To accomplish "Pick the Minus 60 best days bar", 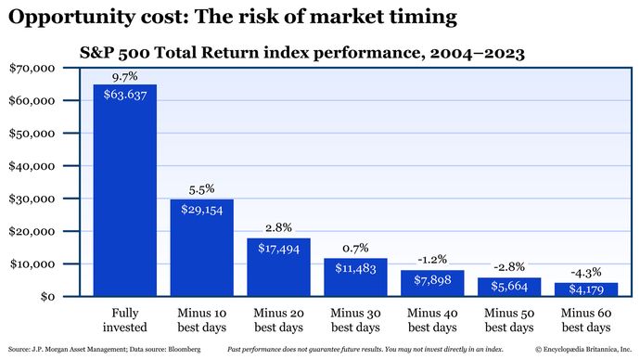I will pos(585,289).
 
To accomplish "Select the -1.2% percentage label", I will pos(431,259).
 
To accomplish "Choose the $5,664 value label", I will pos(508,287).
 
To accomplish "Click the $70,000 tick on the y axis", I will pos(32,69).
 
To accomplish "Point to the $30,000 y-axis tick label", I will pos(32,199).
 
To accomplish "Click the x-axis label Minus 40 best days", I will pos(431,321).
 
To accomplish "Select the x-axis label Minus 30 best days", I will pos(354,321).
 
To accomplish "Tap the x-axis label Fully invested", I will pos(124,321).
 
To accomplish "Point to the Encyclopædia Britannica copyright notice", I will pos(581,349).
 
